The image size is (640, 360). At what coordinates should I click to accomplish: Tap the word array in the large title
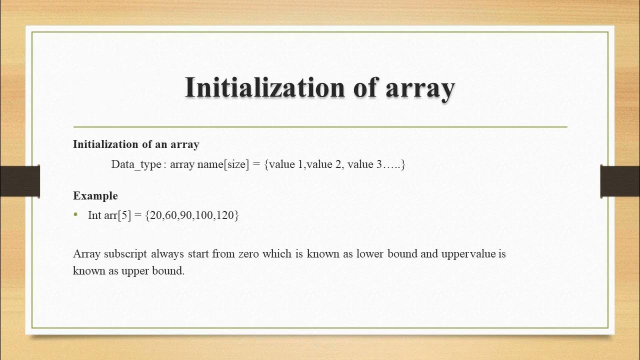tap(420, 88)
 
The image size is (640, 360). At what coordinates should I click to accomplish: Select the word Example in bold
tap(95, 195)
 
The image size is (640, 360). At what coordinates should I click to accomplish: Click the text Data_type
tap(136, 164)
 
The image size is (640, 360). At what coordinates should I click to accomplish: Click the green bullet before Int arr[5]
tap(76, 215)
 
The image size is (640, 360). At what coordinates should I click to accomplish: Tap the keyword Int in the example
tap(94, 215)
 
